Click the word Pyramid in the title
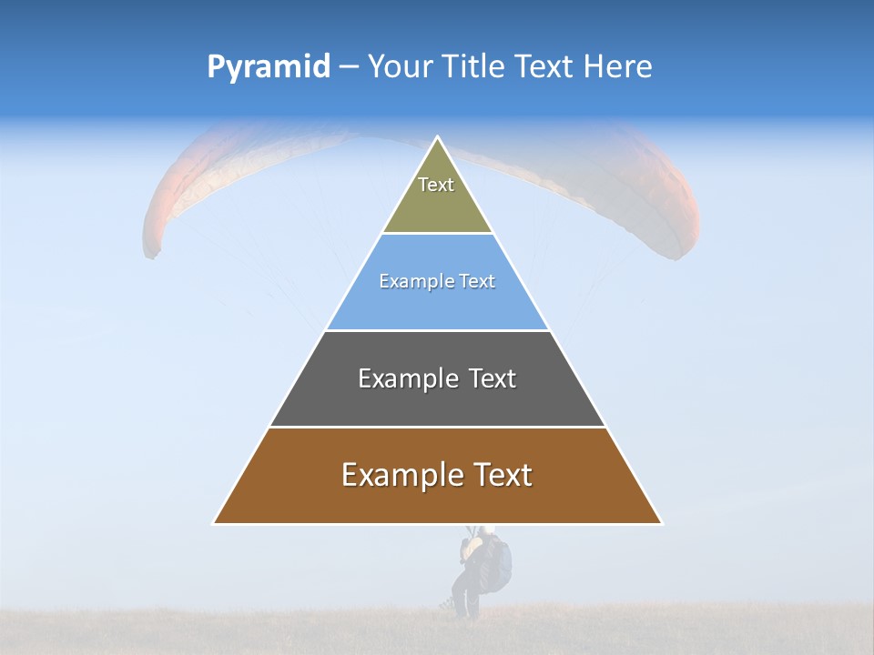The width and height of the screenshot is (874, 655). pyautogui.click(x=268, y=67)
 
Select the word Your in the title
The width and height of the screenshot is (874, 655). pyautogui.click(x=398, y=67)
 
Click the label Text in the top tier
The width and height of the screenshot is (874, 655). pyautogui.click(x=436, y=185)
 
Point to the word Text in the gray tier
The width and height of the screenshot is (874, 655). pyautogui.click(x=492, y=378)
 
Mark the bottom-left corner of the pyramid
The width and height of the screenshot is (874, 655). pyautogui.click(x=214, y=523)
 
